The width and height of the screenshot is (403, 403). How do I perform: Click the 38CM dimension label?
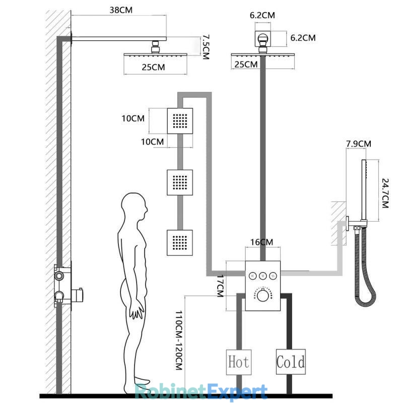121,10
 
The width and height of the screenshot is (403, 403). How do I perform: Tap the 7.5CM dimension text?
206,47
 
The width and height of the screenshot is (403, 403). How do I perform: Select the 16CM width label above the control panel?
261,242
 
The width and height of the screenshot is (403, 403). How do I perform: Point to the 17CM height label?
220,286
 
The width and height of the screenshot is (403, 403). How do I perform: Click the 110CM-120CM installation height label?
179,341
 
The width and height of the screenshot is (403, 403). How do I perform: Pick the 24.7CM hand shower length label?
385,193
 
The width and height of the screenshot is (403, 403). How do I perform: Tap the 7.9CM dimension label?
359,144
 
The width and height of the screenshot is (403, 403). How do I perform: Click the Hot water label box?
239,362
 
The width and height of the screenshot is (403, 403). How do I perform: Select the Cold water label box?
291,362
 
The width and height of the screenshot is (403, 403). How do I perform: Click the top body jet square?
180,121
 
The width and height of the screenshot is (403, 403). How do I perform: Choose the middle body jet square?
180,182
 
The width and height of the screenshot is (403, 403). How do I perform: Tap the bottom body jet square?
180,243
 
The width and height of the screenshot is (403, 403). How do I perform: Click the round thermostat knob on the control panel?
262,296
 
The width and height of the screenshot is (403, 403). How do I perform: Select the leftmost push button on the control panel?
253,276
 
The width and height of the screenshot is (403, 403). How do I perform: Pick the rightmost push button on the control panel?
273,276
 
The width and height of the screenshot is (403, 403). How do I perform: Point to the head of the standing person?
134,206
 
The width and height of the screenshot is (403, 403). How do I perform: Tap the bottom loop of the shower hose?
365,301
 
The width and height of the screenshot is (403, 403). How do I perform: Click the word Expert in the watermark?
237,392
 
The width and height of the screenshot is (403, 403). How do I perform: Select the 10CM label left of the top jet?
133,118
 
